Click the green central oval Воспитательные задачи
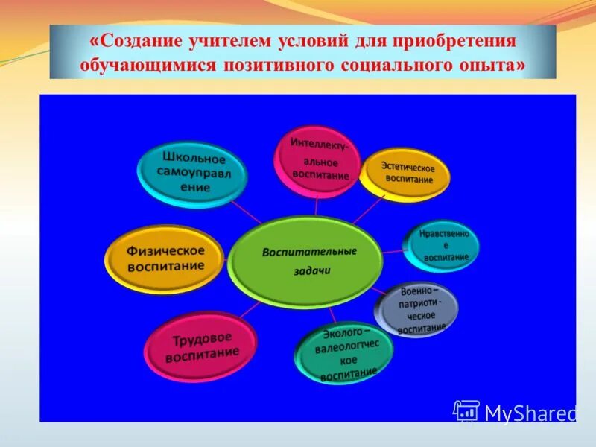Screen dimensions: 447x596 pos(305,261)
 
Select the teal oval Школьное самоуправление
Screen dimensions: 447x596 pos(192,174)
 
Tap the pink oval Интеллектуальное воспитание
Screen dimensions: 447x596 pos(317,161)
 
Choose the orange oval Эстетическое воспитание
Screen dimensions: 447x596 pos(407,173)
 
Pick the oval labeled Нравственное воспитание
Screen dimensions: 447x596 pos(443,245)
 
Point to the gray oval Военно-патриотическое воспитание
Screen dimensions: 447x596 pos(418,308)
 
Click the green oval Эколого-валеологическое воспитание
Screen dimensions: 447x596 pos(344,352)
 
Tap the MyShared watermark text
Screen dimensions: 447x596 pos(530,413)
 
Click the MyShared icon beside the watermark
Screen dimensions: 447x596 pos(466,410)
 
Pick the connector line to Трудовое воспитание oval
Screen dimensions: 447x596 pos(250,310)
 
